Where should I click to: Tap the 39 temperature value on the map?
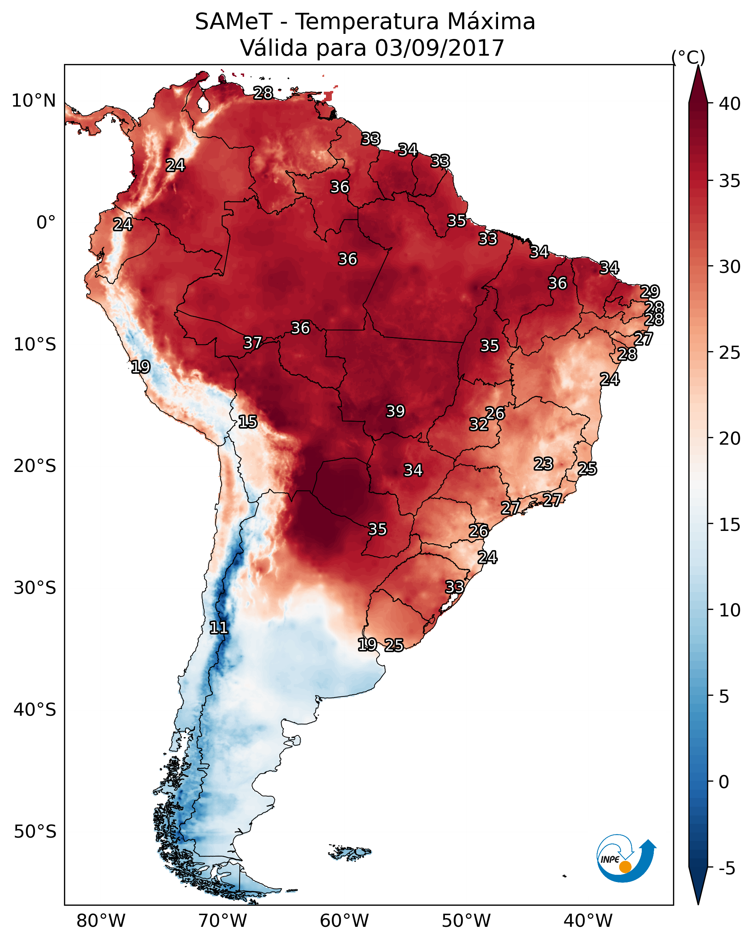tap(395, 411)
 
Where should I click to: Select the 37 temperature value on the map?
tap(253, 343)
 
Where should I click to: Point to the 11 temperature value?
tap(219, 628)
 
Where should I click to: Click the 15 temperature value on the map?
tap(248, 422)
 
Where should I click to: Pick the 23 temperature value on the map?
tap(544, 464)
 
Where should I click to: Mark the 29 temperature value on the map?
tap(650, 291)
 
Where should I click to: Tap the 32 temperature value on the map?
tap(479, 424)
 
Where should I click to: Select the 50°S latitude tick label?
tap(35, 832)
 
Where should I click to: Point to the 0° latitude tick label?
tap(46, 223)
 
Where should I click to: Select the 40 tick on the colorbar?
tap(730, 104)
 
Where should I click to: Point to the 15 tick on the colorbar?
tap(730, 525)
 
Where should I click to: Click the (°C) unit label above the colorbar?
tap(688, 57)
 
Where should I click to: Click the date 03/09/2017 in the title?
tap(439, 48)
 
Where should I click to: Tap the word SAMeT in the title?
tap(234, 22)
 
